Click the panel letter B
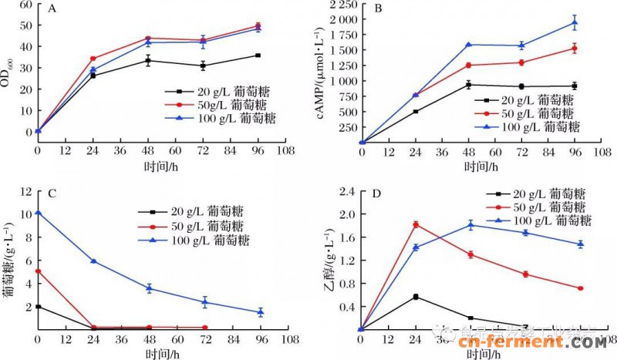[x=378, y=9]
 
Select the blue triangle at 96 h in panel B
[x=574, y=22]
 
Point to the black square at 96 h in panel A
[x=258, y=56]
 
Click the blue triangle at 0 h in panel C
[x=38, y=213]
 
